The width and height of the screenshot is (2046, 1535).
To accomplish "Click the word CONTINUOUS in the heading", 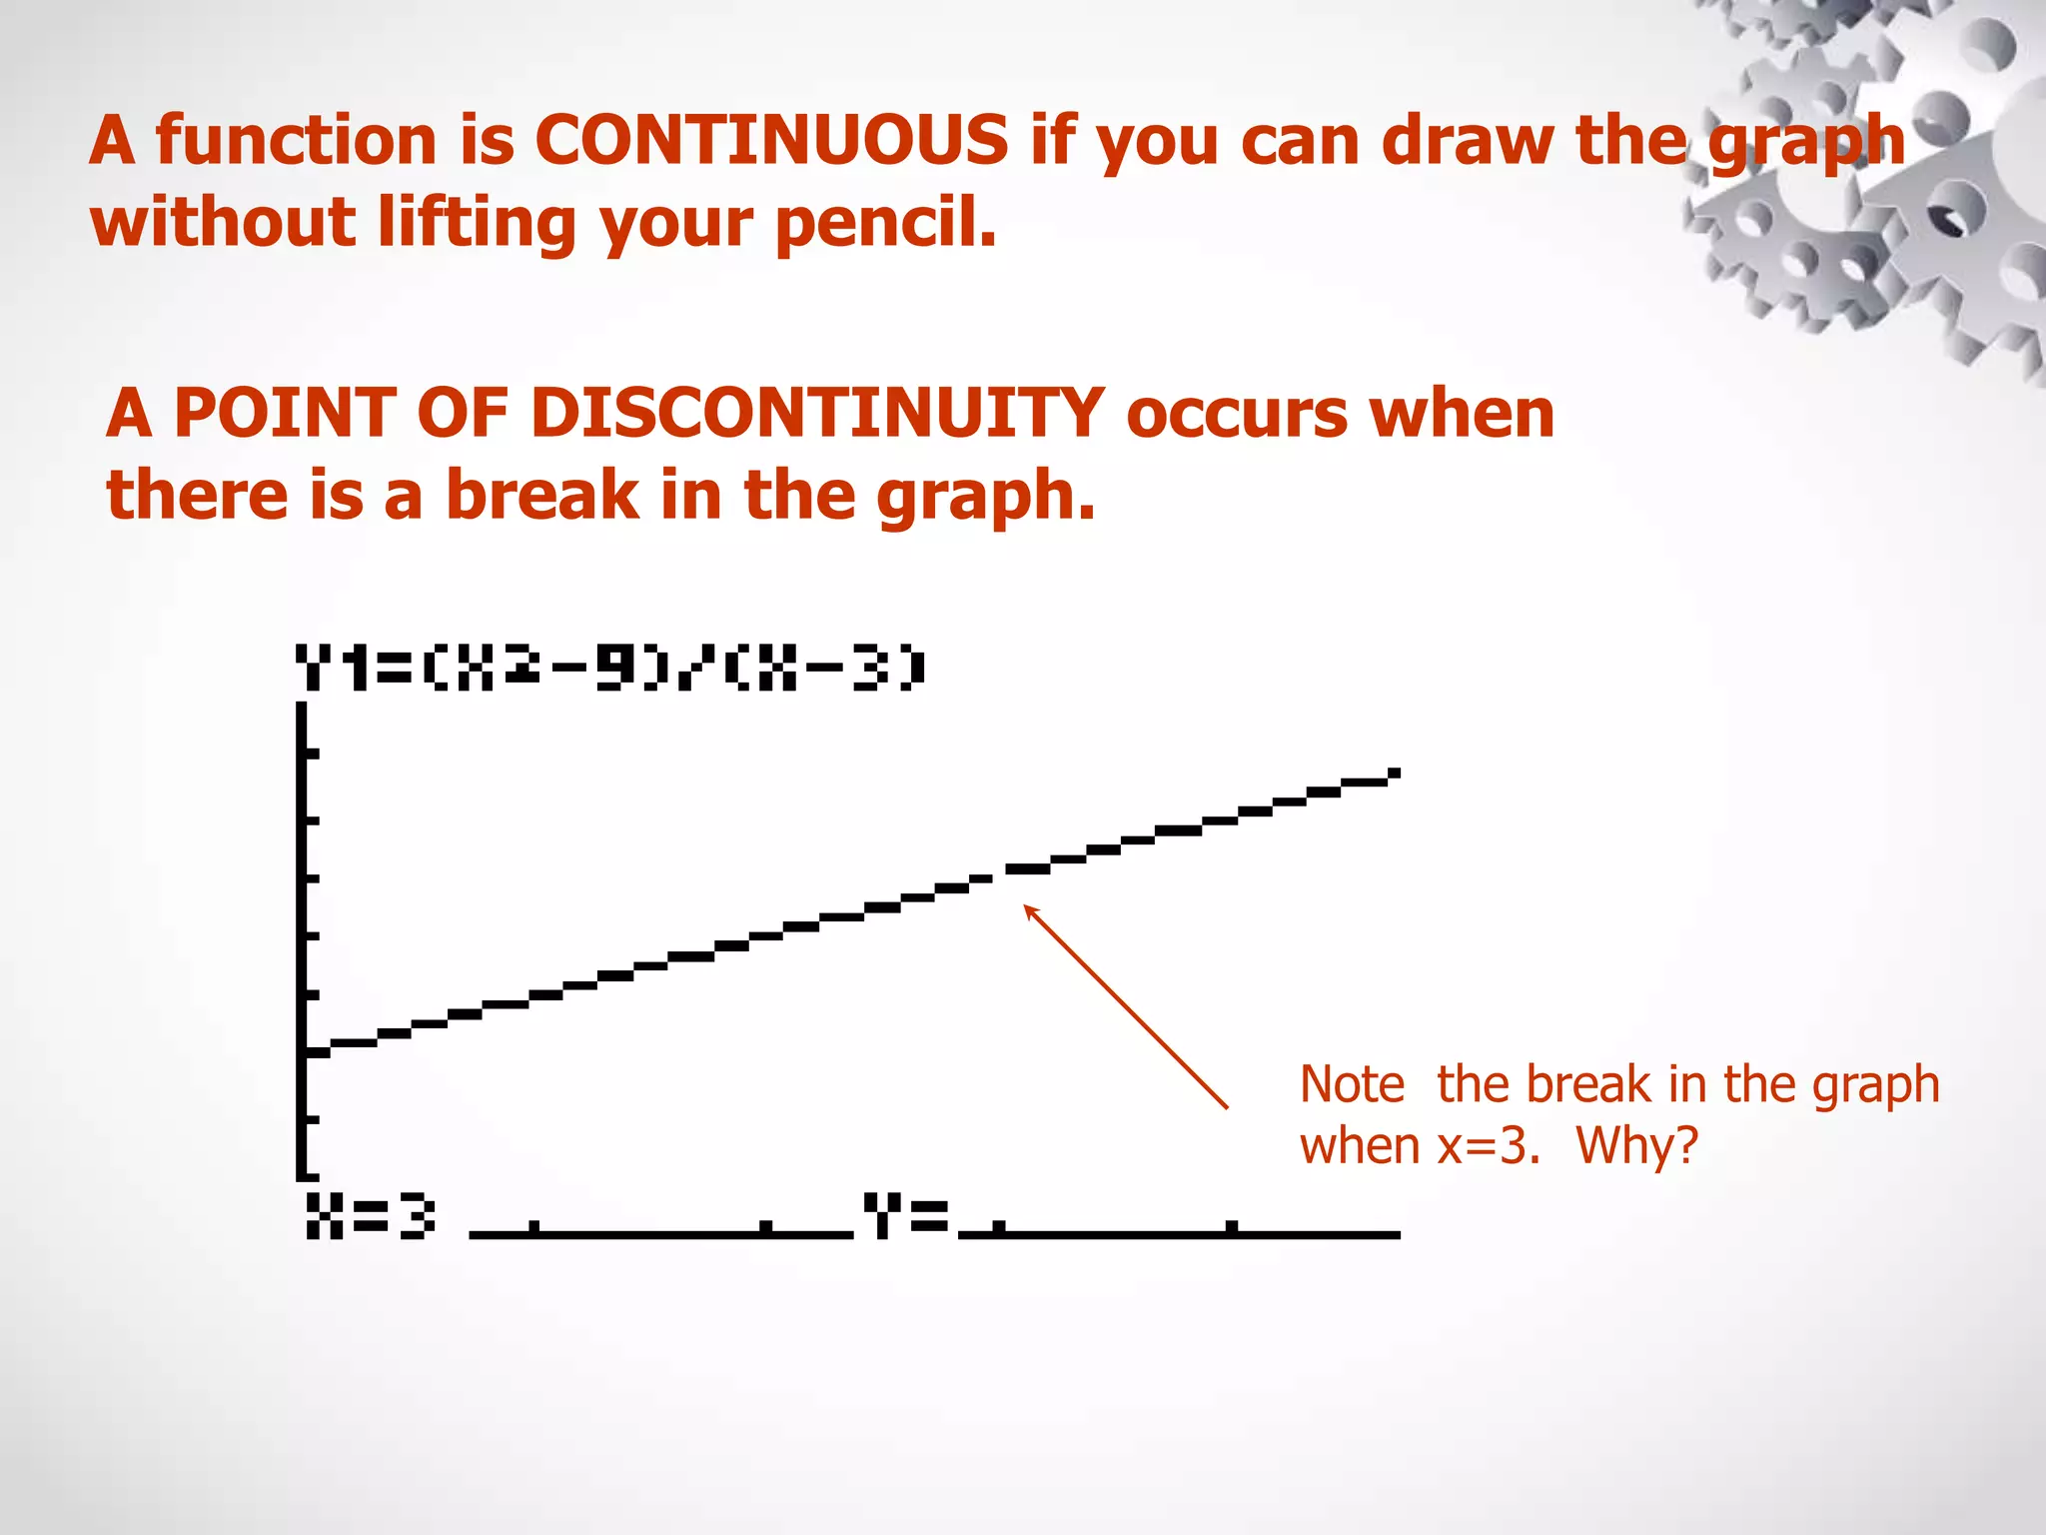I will tap(771, 140).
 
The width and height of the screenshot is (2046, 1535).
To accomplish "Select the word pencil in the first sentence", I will tap(885, 223).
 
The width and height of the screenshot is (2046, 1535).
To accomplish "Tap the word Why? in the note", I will tap(1636, 1145).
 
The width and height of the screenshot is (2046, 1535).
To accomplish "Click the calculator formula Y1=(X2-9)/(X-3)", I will tap(610, 669).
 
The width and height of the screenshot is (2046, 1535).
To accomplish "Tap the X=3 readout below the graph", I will tap(371, 1216).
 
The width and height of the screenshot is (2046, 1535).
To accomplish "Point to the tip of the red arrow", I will tap(1026, 906).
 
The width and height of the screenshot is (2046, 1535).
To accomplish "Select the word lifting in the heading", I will tap(478, 223).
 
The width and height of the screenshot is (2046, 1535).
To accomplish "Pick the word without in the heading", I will tap(223, 223).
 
